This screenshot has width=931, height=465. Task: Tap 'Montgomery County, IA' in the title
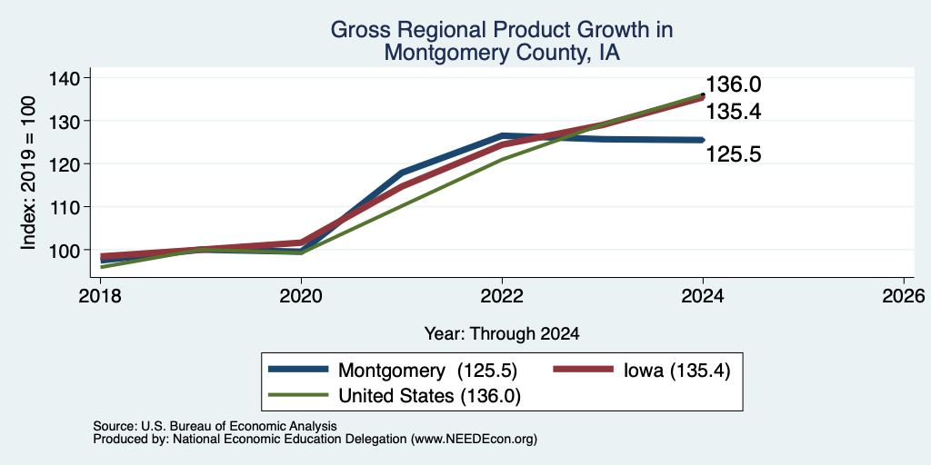(x=502, y=53)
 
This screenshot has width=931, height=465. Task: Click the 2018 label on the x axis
(x=100, y=295)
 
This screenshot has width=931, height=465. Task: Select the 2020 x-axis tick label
(x=301, y=295)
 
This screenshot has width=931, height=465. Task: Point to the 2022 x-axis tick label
(x=502, y=295)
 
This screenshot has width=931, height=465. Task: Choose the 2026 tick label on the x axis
(x=904, y=295)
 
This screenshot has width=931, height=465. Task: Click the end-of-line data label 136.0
(x=734, y=84)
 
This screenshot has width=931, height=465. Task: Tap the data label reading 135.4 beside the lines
(x=734, y=112)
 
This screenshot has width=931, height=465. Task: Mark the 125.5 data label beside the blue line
(x=734, y=154)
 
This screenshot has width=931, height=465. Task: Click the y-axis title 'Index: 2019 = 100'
(x=29, y=173)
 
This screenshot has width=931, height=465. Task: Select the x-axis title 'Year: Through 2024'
(x=502, y=334)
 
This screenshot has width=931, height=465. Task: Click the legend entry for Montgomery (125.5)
(x=393, y=371)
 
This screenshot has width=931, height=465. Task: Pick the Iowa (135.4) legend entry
(x=641, y=371)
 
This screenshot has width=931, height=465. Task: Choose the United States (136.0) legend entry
(x=395, y=396)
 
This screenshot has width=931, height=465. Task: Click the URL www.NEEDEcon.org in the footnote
(x=473, y=440)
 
